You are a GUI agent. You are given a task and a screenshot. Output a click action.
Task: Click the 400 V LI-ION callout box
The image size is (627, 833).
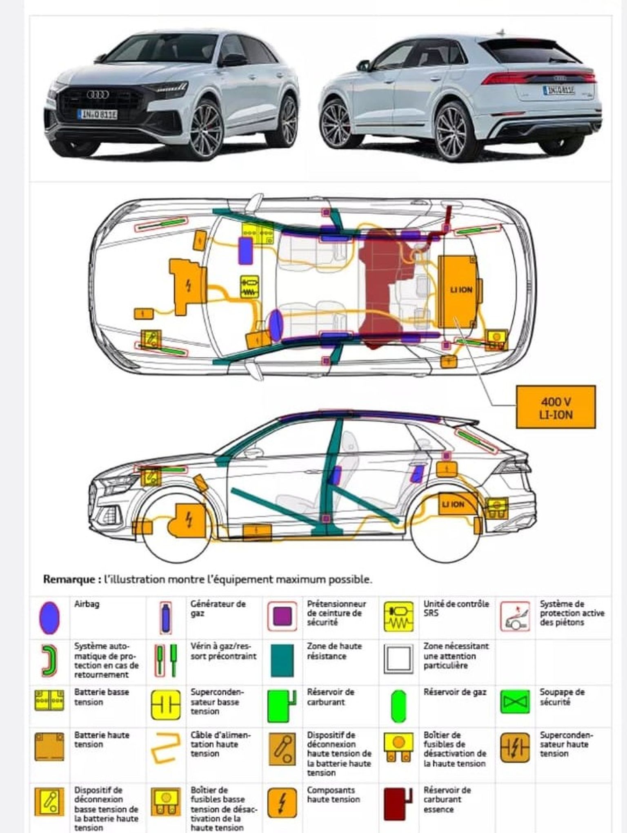[556, 407]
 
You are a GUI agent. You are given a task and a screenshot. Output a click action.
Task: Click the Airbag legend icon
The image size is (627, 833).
[49, 618]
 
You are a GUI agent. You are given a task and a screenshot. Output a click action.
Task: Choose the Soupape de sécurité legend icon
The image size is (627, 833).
[515, 702]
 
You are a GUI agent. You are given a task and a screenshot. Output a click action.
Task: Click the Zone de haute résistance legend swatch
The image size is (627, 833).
[282, 660]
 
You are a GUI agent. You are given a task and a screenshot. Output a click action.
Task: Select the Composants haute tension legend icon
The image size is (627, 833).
[282, 803]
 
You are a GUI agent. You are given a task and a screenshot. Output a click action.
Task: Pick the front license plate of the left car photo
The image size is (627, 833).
[97, 114]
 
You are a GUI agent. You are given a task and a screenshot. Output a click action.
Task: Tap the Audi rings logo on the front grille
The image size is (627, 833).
[98, 95]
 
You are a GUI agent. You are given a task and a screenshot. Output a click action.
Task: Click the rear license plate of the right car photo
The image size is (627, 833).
[558, 90]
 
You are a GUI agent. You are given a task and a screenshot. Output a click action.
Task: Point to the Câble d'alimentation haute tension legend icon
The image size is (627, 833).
[165, 748]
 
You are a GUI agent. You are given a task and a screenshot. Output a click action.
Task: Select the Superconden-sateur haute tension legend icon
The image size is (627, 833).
[515, 747]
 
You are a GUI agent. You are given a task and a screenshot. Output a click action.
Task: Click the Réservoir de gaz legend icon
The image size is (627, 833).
[398, 706]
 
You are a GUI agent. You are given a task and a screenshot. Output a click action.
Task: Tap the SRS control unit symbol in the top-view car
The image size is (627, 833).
[249, 287]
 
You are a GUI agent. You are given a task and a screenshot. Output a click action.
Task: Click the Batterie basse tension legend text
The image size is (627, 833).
[102, 697]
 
